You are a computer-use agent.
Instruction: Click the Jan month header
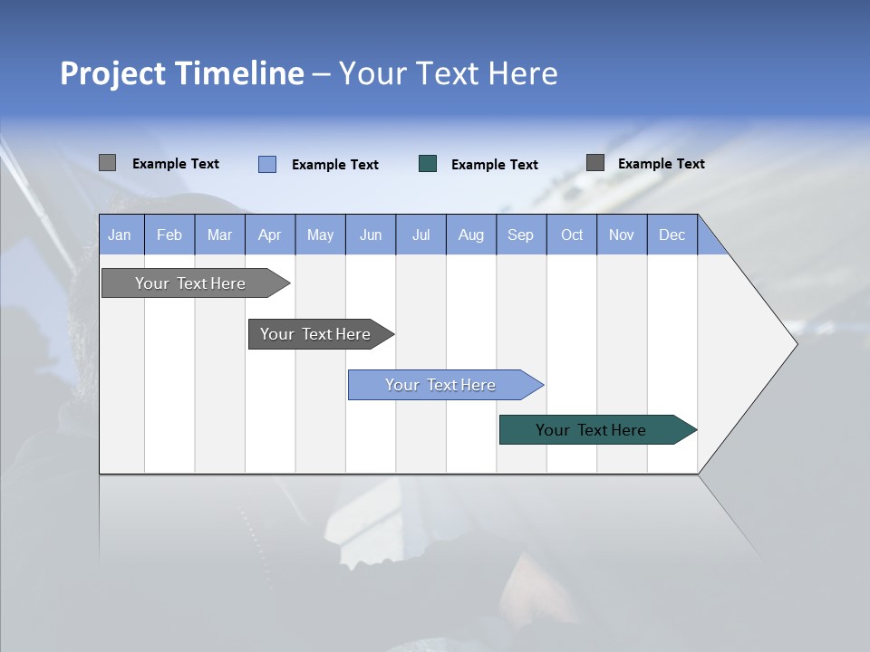tap(121, 235)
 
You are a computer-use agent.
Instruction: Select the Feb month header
tap(169, 235)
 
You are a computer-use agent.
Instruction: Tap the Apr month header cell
tap(270, 235)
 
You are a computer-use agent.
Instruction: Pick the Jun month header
tap(371, 235)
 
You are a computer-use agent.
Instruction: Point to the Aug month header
tap(471, 235)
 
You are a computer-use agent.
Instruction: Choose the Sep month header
tap(521, 235)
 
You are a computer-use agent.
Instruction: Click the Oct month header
tap(572, 235)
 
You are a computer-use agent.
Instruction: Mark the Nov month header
tap(622, 235)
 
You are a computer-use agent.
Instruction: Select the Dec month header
tap(672, 235)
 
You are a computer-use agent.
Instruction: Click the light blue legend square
tap(267, 164)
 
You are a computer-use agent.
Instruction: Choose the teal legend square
tap(428, 164)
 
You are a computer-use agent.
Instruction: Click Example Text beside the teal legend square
tap(495, 165)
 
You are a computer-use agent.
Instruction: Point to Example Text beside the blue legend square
tap(335, 165)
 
